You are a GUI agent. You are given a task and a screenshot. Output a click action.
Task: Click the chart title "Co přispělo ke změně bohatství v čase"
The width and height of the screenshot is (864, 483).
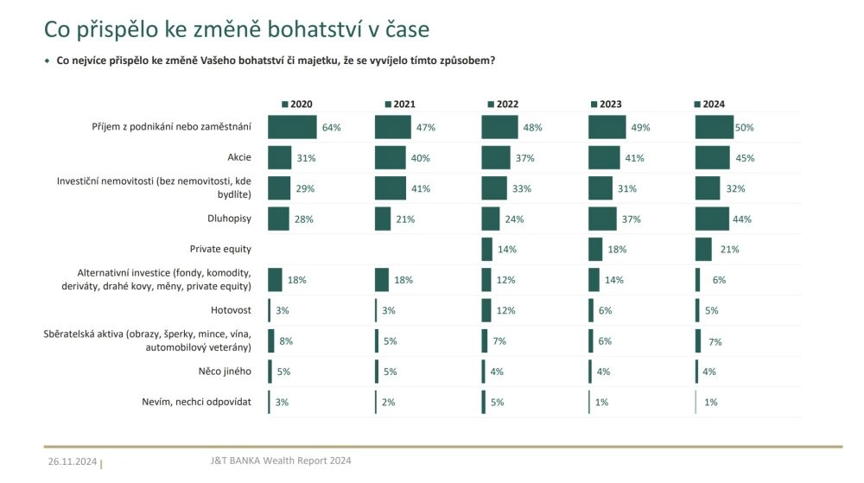237,29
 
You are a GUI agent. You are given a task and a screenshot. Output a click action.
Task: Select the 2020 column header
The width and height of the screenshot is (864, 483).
296,105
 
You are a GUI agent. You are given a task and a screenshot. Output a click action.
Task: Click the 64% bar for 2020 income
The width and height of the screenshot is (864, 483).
292,127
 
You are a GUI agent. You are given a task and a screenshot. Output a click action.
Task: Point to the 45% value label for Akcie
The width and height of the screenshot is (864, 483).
745,158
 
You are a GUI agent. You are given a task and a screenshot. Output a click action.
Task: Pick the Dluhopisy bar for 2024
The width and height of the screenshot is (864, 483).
712,219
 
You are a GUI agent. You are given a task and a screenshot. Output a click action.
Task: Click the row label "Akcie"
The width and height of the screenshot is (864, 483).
238,157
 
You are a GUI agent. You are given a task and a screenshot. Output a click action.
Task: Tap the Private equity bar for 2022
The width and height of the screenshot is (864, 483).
486,249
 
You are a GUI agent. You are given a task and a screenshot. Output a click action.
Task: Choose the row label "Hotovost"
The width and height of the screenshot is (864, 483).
232,310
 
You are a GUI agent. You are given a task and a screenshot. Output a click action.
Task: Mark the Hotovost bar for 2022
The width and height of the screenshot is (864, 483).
486,310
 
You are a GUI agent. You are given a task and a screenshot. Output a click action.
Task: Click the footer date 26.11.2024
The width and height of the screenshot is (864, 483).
73,462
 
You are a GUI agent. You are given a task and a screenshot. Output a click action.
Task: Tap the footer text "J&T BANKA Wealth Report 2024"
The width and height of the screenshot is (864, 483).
282,461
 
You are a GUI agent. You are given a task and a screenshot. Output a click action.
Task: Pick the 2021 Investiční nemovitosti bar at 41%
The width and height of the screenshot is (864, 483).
390,188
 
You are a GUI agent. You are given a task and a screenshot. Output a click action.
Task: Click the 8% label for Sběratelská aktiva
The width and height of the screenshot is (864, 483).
286,341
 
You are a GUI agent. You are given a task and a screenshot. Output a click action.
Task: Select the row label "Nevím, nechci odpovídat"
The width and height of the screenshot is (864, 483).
197,402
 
